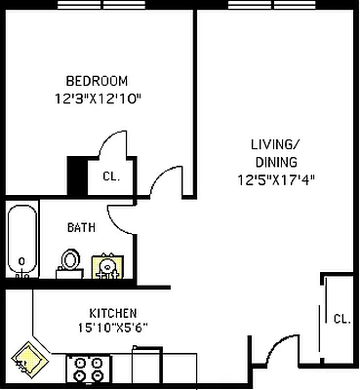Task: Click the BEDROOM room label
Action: tap(97, 80)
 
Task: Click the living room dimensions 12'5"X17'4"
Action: tap(276, 179)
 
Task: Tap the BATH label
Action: tap(81, 227)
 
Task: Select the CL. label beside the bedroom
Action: tap(110, 176)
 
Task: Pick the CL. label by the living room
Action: tap(341, 319)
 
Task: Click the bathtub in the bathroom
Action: tap(20, 241)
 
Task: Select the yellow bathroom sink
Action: tap(106, 266)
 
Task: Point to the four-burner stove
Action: tap(90, 369)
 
